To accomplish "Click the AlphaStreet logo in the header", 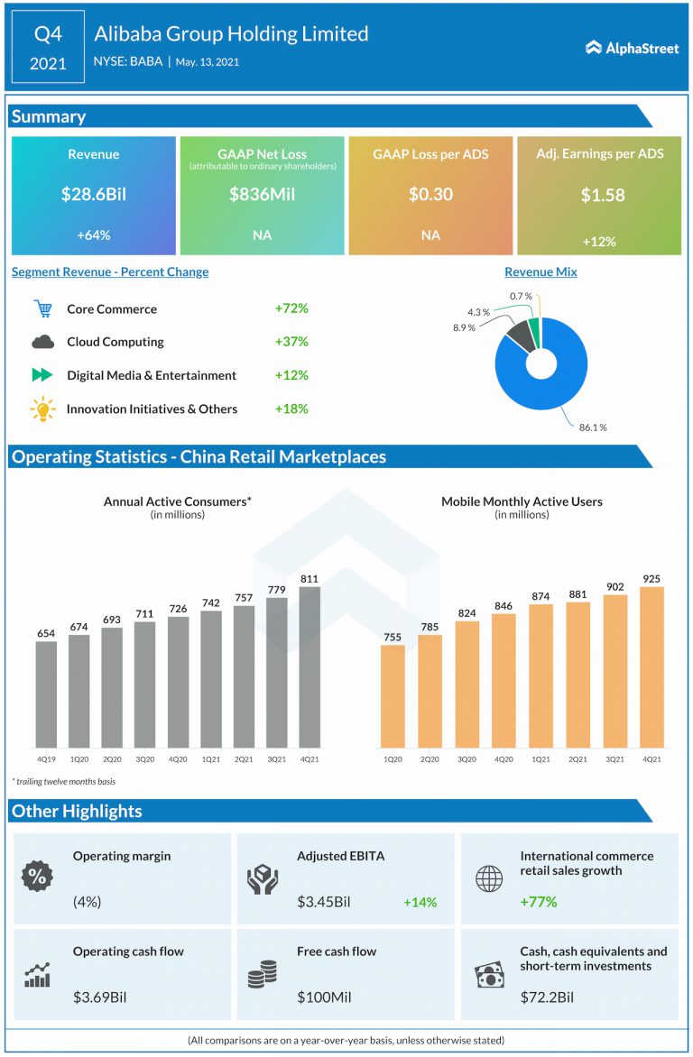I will pos(632,48).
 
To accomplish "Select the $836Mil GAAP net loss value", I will pos(262,194).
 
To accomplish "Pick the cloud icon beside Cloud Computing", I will pos(42,342).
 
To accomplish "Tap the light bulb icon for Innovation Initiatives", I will pos(42,409).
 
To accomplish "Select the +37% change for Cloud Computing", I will pos(291,342).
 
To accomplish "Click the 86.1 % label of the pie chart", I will pos(592,427).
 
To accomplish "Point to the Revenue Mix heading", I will pos(541,271).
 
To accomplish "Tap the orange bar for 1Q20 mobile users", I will pos(393,695).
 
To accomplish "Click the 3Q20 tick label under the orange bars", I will pos(467,759).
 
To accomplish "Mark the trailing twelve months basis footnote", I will pos(63,781).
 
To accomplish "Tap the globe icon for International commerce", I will pos(488,878).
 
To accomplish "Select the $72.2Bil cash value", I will pos(546,997).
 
